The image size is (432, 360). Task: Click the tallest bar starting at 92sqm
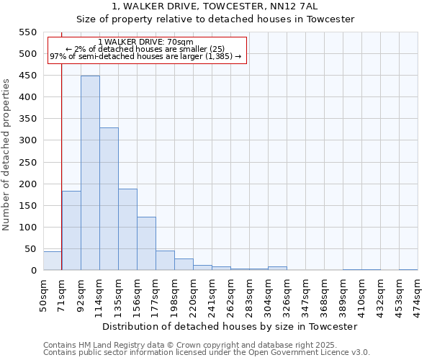(x=90, y=173)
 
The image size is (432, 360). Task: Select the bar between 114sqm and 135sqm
(x=109, y=199)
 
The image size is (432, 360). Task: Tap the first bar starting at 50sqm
(x=52, y=261)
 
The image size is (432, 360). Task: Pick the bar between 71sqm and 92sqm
(x=71, y=230)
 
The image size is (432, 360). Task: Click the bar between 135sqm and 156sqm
(x=127, y=229)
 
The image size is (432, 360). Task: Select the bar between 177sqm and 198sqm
(x=165, y=261)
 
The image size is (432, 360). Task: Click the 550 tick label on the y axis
(x=27, y=32)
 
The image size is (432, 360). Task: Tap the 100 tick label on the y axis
(x=27, y=228)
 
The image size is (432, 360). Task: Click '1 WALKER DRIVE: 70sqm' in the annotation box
(x=145, y=42)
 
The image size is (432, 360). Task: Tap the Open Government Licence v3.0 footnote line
(x=207, y=352)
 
